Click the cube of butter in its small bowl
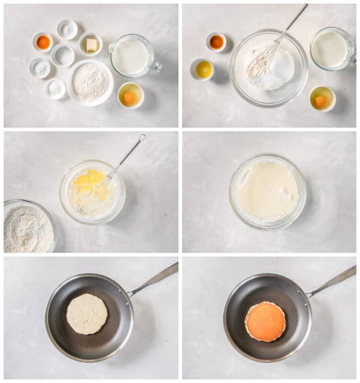tap(91, 45)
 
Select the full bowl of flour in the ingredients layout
tap(90, 82)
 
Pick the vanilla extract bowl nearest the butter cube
tap(43, 42)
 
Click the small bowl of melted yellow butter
tap(204, 69)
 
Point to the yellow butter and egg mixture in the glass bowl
tap(91, 187)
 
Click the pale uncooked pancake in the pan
tap(87, 314)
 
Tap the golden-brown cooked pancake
tap(265, 321)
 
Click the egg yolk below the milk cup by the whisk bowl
tap(321, 100)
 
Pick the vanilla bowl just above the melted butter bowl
tap(217, 42)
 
